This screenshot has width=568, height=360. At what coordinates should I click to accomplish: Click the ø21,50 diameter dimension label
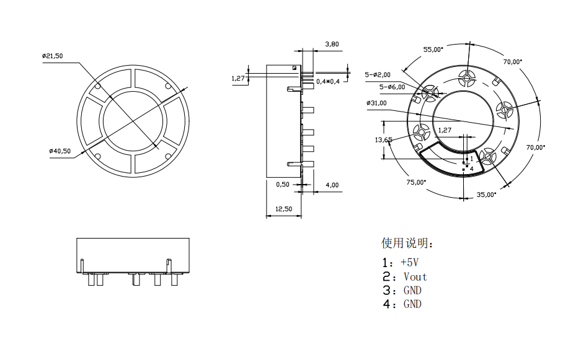53,56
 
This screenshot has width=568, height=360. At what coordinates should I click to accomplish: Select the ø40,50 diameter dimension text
60,151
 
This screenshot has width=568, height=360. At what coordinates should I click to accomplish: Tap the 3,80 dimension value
332,44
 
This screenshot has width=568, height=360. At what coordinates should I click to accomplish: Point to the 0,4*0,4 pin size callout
329,82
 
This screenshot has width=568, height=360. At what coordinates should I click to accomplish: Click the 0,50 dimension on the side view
282,185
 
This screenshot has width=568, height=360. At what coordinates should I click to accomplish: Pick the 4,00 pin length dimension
332,185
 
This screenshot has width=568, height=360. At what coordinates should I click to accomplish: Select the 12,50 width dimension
283,209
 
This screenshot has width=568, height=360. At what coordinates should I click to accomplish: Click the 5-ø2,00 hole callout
378,74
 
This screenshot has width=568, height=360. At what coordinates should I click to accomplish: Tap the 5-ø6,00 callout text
392,87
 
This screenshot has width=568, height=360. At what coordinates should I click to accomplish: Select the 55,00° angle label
433,49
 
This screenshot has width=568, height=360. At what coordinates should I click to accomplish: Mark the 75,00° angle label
416,182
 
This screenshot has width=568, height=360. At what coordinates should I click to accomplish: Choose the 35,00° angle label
487,194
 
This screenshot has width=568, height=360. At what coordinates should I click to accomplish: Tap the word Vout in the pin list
415,276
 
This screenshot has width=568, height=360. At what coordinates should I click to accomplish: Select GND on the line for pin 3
412,290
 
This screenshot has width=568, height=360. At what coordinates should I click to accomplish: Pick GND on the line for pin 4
412,304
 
